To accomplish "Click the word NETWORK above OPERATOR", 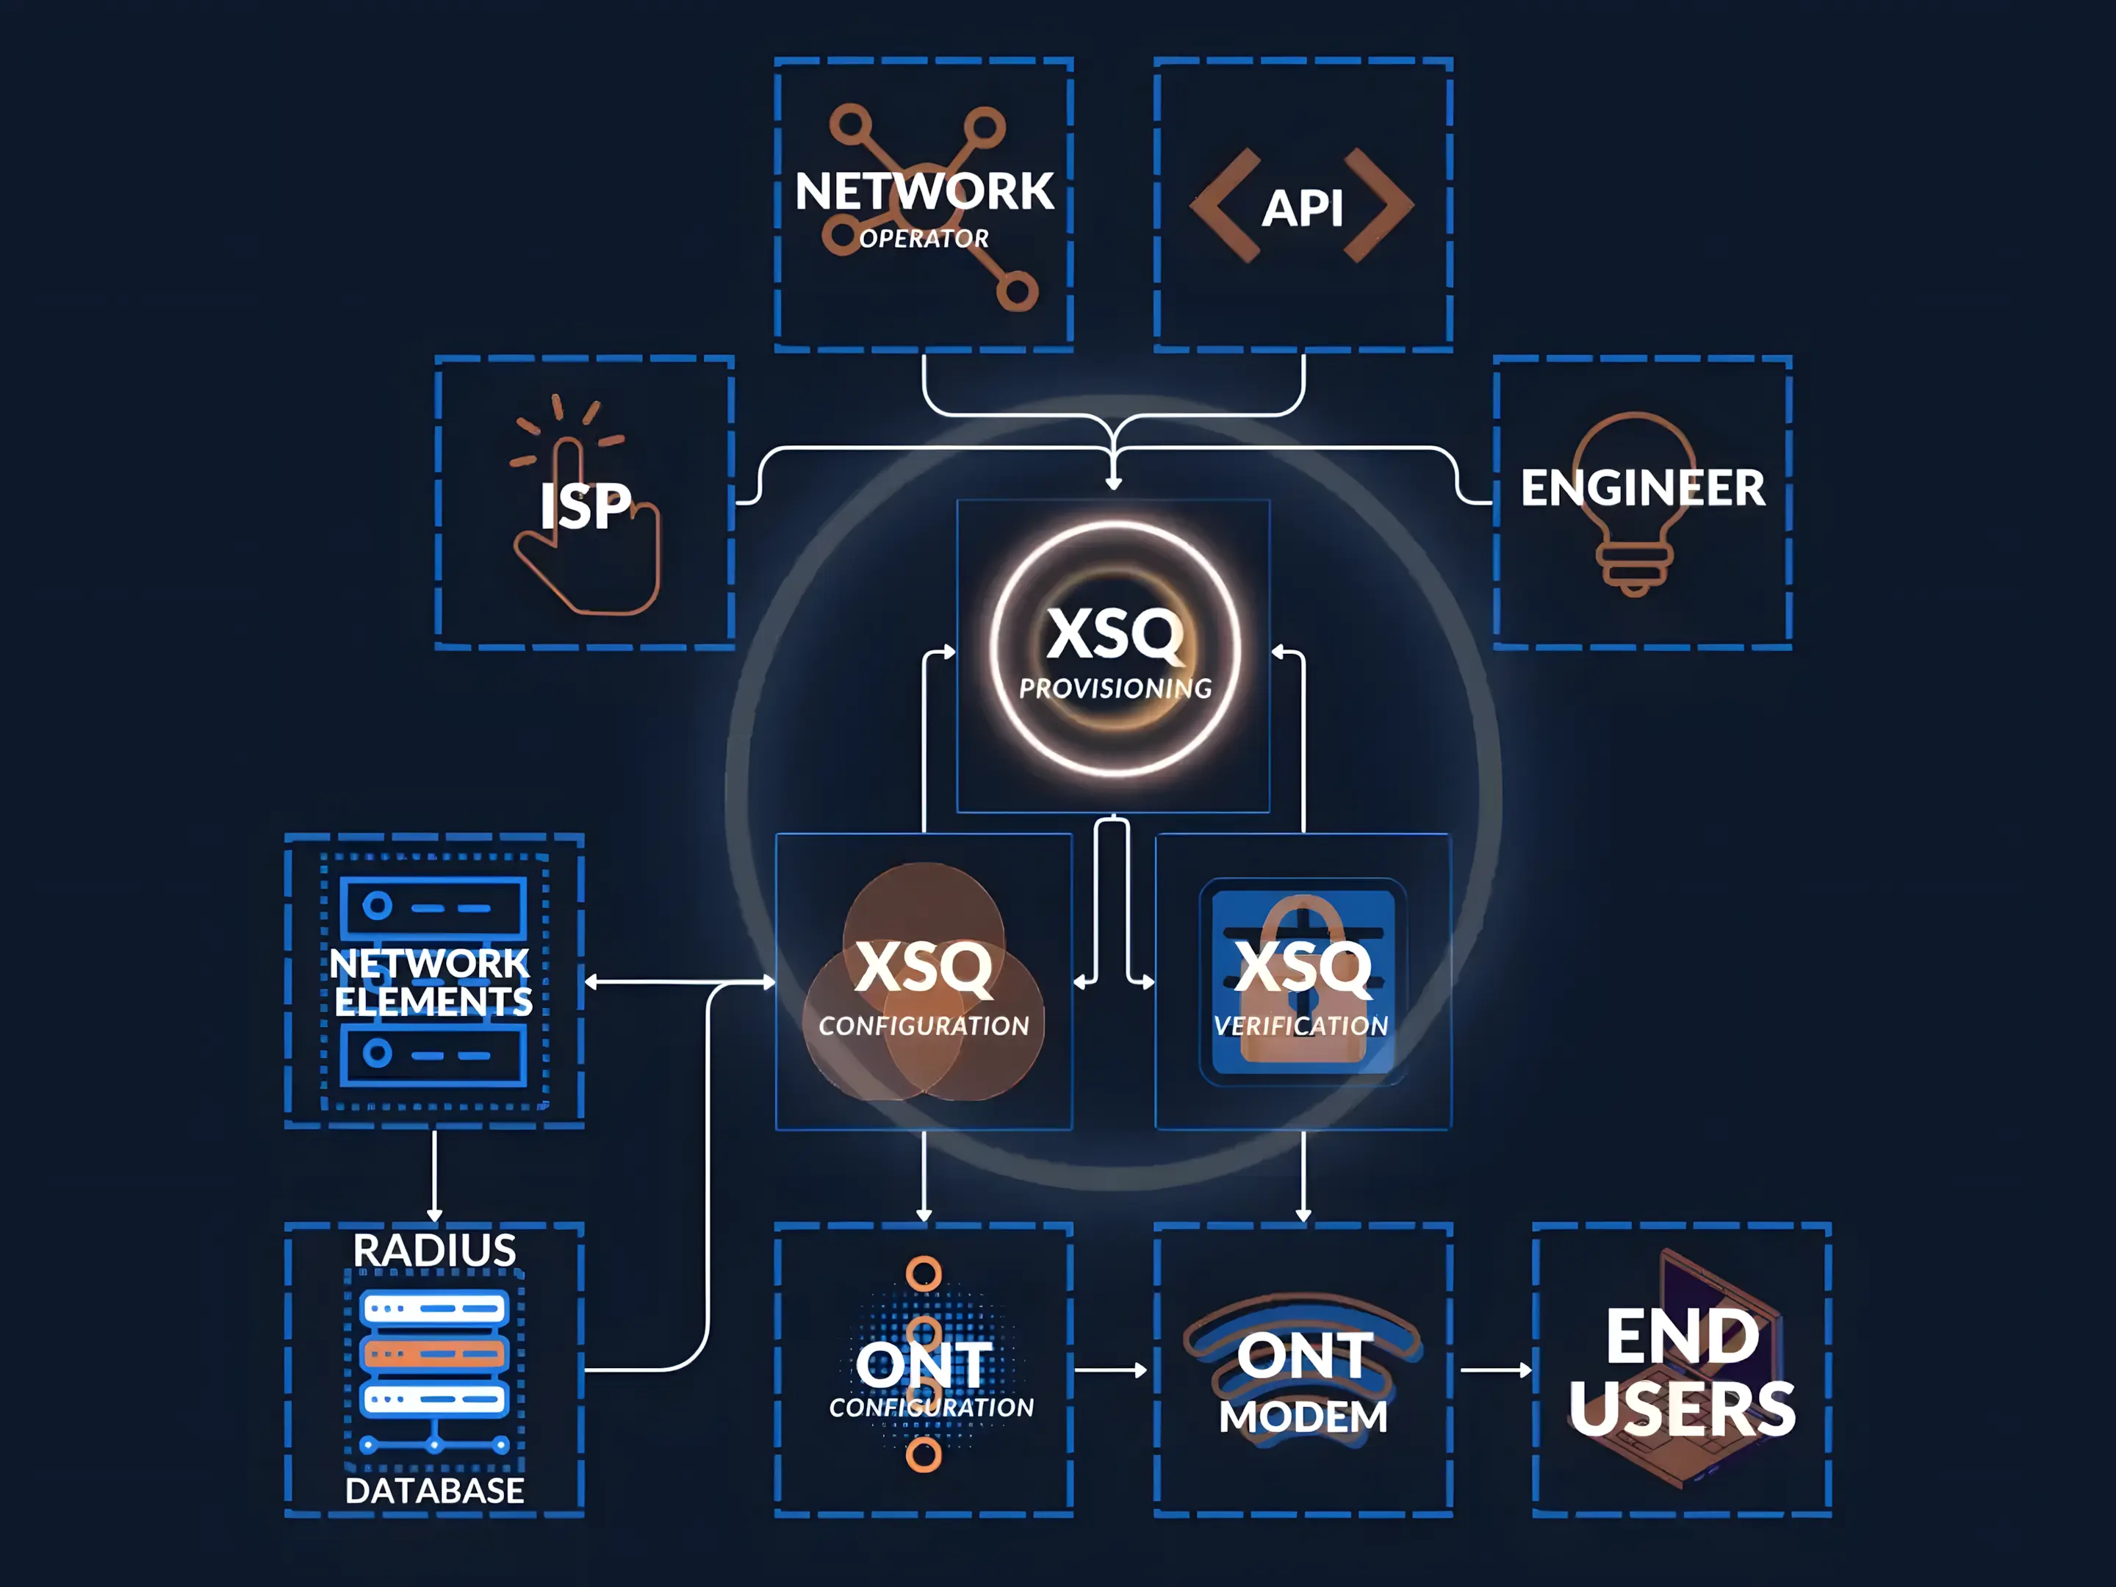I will pos(924,192).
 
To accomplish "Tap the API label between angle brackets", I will pos(1303,208).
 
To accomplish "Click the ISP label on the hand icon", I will pos(585,507).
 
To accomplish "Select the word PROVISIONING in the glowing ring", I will pos(1115,688).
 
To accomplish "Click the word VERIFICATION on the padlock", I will pos(1301,1026).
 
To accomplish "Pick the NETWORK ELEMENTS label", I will pos(431,982).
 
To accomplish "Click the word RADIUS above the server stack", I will pos(434,1250).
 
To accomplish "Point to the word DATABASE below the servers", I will pos(434,1490).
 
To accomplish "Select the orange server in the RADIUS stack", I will pos(434,1353).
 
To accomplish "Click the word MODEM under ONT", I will pos(1303,1417).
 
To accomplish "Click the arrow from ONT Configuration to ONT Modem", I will pos(1109,1370).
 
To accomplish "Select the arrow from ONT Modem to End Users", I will pos(1495,1370).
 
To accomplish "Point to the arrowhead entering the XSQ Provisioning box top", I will pos(1114,484).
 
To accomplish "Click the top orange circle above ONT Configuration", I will pos(923,1273).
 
